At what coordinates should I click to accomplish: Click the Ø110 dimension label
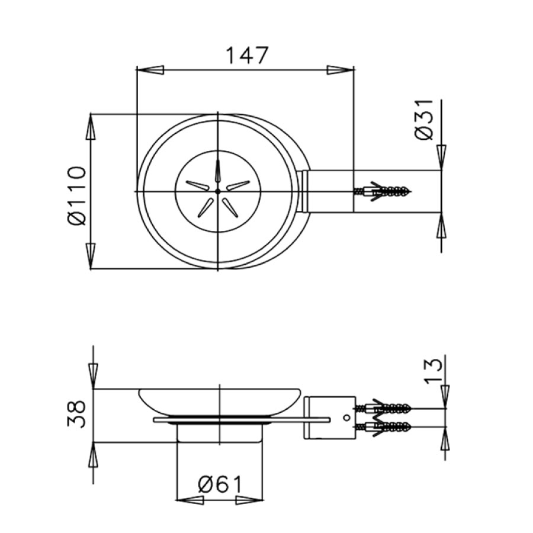(77, 195)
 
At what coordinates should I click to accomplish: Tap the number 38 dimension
(77, 414)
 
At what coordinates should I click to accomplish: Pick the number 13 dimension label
(433, 370)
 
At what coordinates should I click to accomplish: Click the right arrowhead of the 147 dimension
(341, 70)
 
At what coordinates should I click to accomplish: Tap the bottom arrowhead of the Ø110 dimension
(91, 255)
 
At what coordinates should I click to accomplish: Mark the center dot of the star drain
(218, 191)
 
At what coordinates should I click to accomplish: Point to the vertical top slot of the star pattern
(218, 174)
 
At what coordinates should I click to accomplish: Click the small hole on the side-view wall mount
(346, 418)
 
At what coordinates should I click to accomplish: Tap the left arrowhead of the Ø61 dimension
(190, 500)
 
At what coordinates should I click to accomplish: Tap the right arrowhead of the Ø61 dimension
(249, 500)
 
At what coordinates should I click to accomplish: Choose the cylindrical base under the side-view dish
(220, 434)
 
